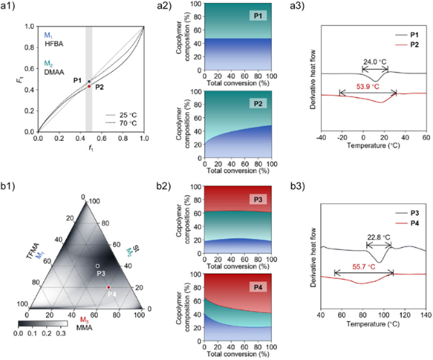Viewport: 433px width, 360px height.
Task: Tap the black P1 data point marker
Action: (x=88, y=81)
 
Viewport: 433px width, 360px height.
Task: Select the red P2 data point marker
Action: (x=88, y=86)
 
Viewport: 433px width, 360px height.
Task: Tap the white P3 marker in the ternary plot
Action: (x=98, y=266)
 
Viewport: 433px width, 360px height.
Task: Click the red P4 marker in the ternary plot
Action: (x=109, y=287)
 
